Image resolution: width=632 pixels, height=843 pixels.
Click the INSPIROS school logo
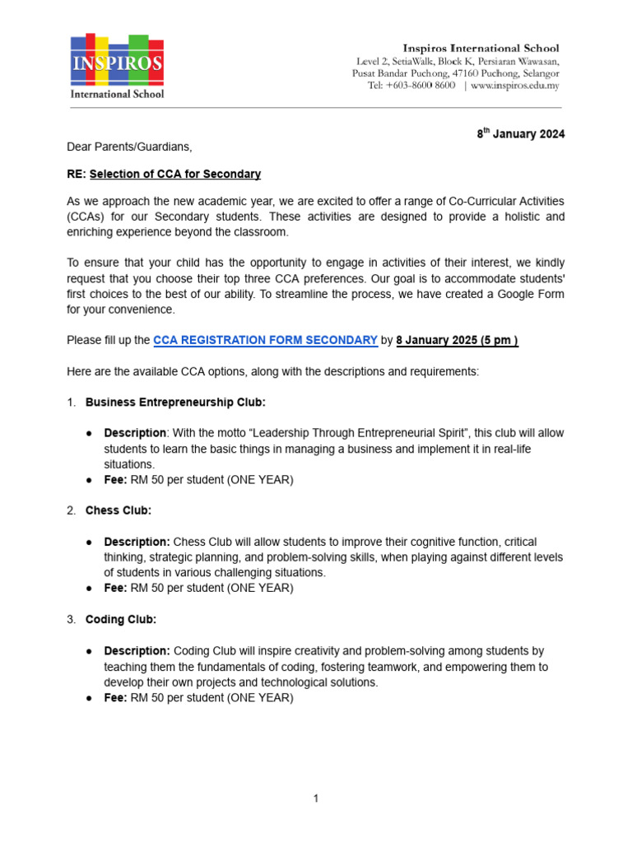click(116, 67)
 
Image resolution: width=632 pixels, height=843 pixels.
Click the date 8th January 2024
click(521, 134)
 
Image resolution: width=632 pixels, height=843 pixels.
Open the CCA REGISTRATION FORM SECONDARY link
click(266, 340)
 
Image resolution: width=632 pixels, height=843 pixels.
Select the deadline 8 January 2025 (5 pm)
click(457, 340)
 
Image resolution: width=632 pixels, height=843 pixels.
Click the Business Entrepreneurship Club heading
click(175, 402)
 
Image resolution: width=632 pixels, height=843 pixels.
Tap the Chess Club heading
click(118, 510)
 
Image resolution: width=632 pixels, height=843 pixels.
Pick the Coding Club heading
click(121, 619)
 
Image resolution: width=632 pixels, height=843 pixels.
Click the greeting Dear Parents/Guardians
click(129, 147)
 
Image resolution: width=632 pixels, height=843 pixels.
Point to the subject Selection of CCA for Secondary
click(174, 174)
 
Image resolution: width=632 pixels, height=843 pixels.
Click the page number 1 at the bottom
click(316, 798)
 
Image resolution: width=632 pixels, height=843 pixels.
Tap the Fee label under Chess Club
click(115, 588)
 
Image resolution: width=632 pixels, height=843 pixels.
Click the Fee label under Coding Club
click(115, 697)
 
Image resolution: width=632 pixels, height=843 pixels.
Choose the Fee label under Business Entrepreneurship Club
click(115, 479)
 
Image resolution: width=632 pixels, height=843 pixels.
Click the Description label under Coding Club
click(137, 650)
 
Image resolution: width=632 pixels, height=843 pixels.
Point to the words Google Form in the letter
click(530, 294)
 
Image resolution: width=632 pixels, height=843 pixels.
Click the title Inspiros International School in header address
click(480, 49)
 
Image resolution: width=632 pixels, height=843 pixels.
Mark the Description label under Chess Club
click(137, 542)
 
